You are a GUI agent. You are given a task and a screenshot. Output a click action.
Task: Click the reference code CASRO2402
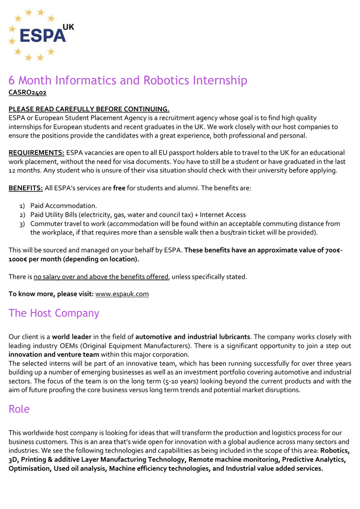tap(27, 92)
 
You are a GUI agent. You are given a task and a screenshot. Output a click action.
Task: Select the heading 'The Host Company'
tap(54, 313)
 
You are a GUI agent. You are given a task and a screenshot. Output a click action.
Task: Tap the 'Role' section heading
tap(19, 409)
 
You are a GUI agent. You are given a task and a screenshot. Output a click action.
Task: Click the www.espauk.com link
tap(122, 294)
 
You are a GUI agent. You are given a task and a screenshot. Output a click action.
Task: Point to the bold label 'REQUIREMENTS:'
tap(36, 153)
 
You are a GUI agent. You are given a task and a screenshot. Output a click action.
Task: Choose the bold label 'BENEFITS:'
tap(25, 188)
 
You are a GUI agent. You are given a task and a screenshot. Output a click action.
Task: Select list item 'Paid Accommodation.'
tap(64, 205)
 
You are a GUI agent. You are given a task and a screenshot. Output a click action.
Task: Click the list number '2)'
tap(22, 215)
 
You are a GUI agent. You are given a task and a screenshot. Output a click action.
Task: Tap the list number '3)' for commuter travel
tap(22, 224)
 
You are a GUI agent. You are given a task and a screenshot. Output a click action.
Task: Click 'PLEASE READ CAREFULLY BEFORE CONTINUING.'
tap(89, 109)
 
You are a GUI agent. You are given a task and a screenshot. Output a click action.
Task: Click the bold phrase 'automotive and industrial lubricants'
tap(192, 337)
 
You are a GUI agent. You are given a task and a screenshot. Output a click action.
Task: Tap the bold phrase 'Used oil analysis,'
tap(80, 468)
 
